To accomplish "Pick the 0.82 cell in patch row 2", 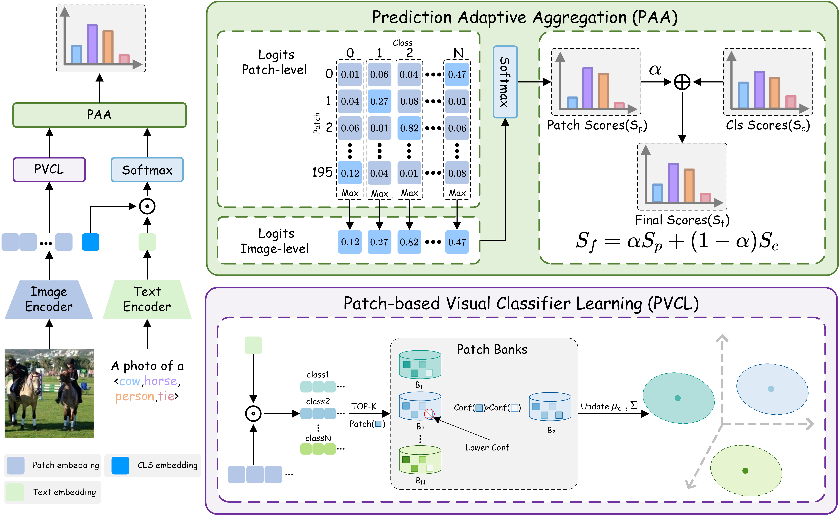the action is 409,128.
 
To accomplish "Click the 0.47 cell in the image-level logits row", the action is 457,242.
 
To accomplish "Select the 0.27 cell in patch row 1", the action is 379,101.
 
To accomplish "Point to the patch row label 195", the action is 322,173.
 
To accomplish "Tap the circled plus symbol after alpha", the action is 682,82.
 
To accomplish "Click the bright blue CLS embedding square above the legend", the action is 91,242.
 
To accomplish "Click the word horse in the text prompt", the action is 161,381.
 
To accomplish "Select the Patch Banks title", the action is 492,350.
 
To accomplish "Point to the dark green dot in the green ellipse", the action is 745,471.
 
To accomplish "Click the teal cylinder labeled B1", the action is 420,365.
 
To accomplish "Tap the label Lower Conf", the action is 487,448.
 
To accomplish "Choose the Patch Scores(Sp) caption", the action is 597,126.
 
